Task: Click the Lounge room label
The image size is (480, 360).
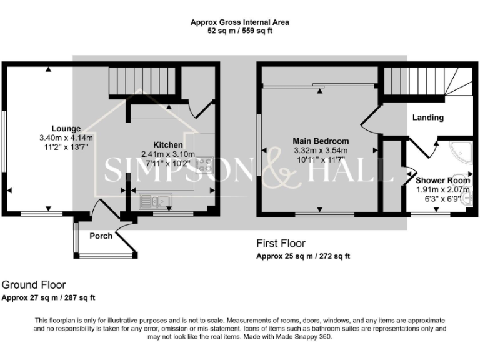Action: [x=66, y=129]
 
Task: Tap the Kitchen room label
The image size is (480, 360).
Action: [x=168, y=145]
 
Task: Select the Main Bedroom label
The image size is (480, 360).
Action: [x=321, y=141]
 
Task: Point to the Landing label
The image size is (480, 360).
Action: [x=428, y=117]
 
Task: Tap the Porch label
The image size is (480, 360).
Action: [x=101, y=236]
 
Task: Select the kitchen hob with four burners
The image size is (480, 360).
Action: [x=204, y=164]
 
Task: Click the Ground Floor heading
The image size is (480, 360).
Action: [x=33, y=285]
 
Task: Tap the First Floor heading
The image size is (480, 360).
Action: [x=281, y=243]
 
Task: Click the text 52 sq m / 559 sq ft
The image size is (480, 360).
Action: [x=240, y=30]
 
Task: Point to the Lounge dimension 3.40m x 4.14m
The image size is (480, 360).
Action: [x=66, y=138]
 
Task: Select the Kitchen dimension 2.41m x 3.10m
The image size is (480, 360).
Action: [x=168, y=154]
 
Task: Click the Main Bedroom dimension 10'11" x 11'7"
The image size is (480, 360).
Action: [x=321, y=159]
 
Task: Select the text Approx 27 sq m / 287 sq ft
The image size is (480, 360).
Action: [x=49, y=297]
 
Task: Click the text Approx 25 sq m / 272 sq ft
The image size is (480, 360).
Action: [x=303, y=256]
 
